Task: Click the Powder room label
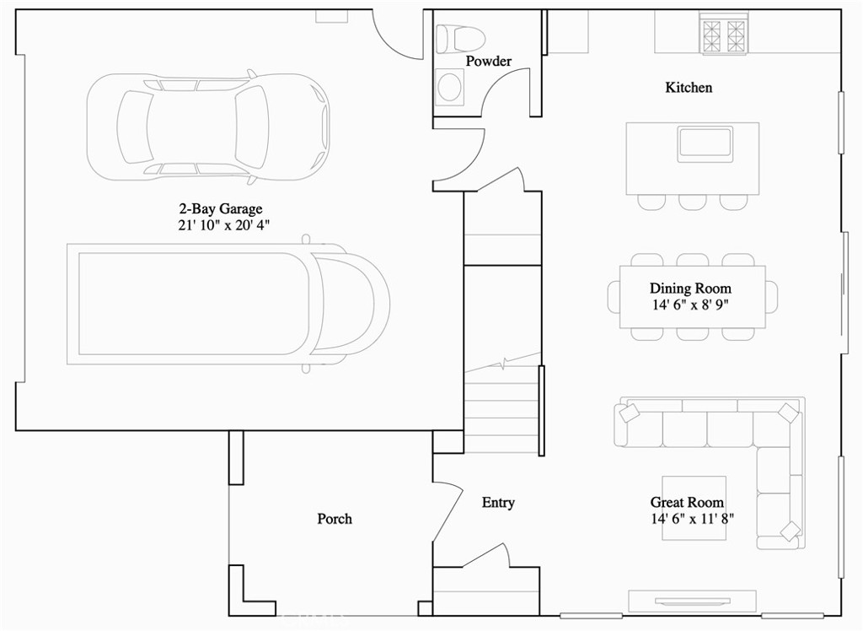(x=488, y=62)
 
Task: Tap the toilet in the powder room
(x=460, y=38)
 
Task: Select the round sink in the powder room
(x=451, y=86)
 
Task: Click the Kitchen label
(x=689, y=88)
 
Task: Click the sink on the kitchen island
(x=705, y=143)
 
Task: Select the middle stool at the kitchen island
(x=693, y=202)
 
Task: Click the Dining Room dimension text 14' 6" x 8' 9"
(x=689, y=305)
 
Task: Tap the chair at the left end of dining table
(x=614, y=297)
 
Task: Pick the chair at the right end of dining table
(x=771, y=297)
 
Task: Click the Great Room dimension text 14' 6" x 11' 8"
(x=691, y=520)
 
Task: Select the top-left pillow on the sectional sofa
(x=629, y=413)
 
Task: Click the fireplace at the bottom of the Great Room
(x=693, y=600)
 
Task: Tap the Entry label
(x=498, y=503)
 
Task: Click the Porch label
(x=335, y=519)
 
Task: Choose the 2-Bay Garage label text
(x=221, y=208)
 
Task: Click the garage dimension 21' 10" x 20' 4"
(x=222, y=225)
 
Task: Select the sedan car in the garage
(x=207, y=127)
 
